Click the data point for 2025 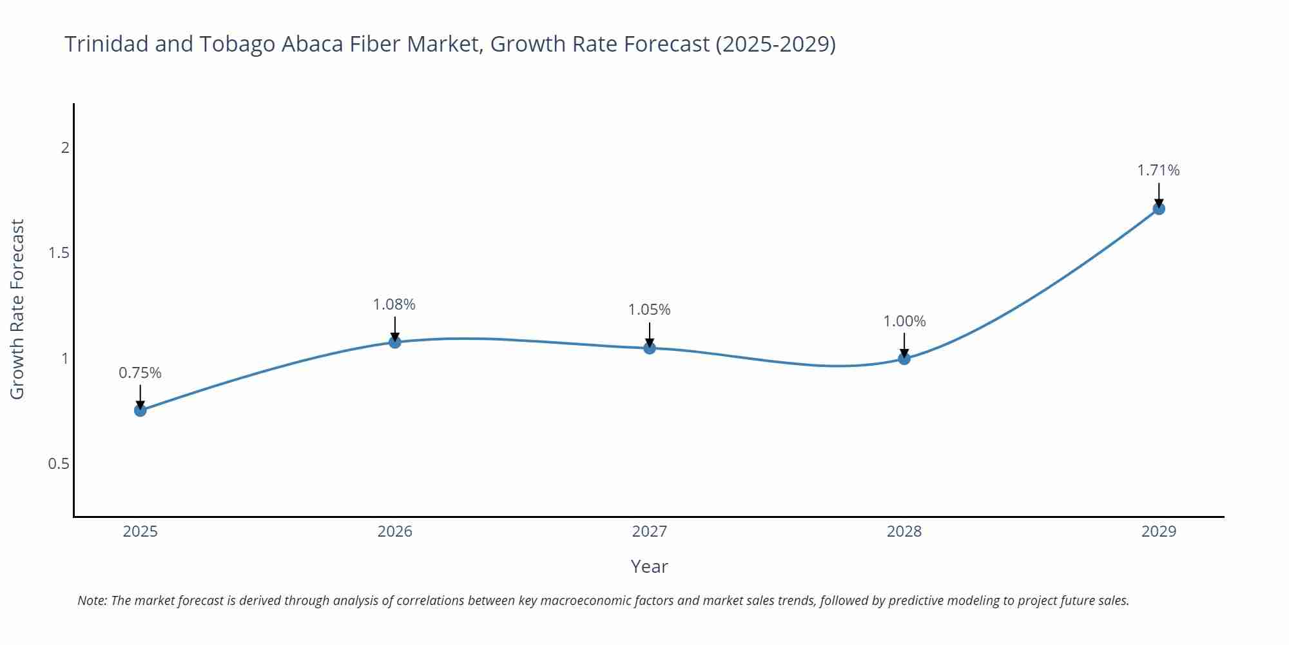tap(140, 410)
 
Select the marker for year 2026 tap(394, 342)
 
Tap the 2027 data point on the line tap(649, 348)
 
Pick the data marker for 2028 tap(904, 359)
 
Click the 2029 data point tap(1158, 209)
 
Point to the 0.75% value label tap(140, 373)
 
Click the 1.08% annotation tap(394, 304)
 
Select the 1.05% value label tap(649, 310)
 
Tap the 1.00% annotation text tap(904, 321)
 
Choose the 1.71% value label tap(1158, 170)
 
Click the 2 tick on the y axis tap(64, 148)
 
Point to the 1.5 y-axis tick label tap(59, 253)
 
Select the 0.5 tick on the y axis tap(59, 464)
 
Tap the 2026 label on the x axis tap(394, 531)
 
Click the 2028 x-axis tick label tap(904, 531)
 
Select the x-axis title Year tap(649, 566)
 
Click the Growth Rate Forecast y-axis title tap(17, 309)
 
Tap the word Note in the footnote tap(92, 600)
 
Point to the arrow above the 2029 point tap(1158, 193)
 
